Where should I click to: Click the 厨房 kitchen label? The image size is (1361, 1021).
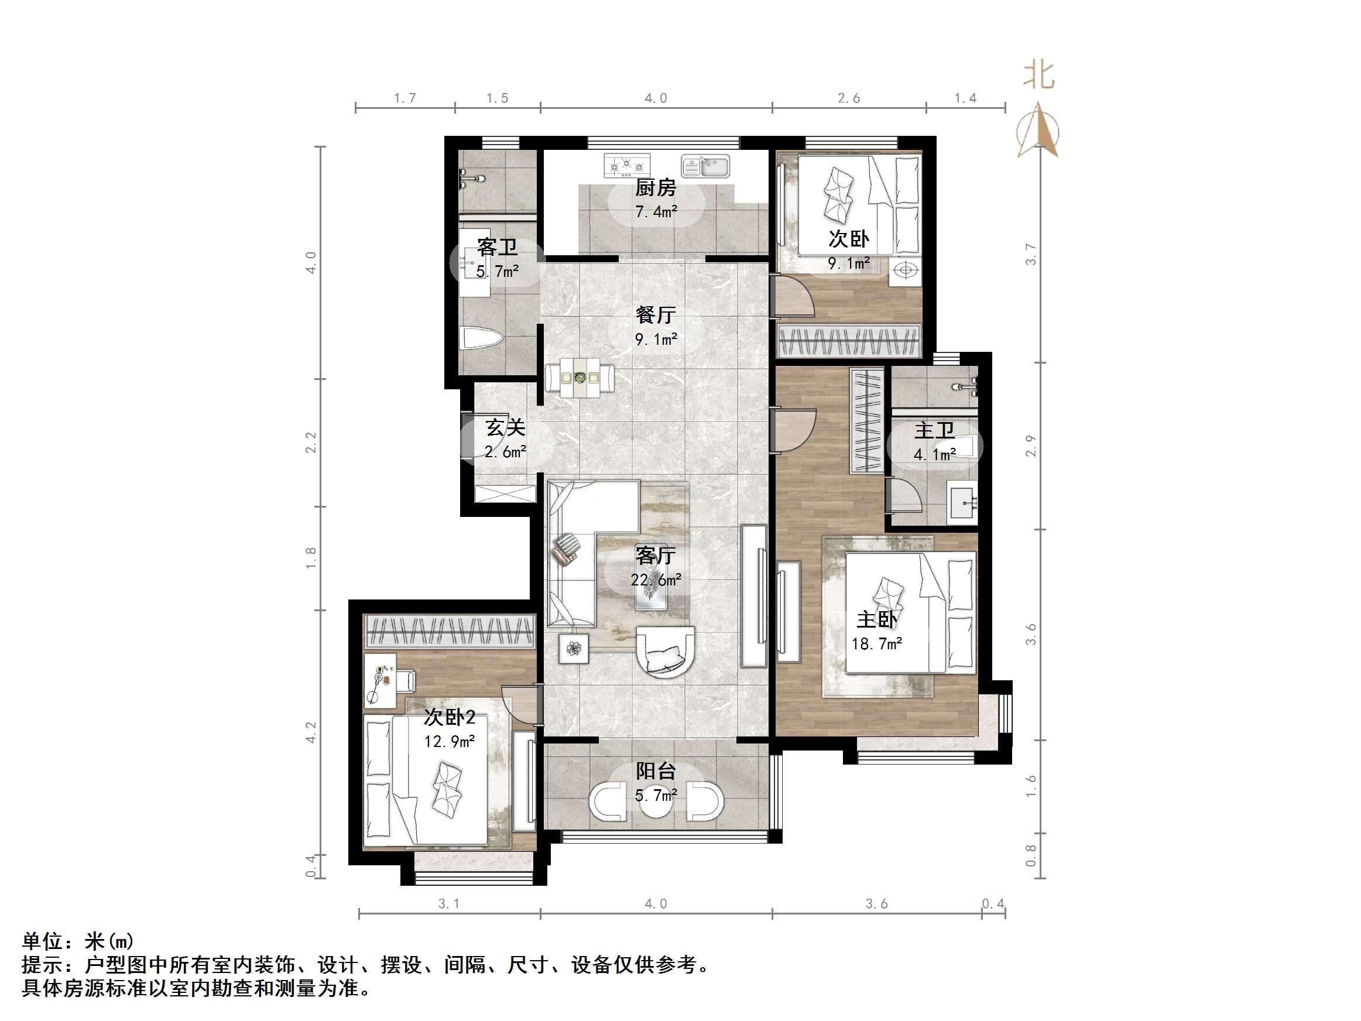tap(655, 187)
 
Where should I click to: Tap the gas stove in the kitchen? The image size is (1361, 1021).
tap(626, 166)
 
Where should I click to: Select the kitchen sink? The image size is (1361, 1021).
tap(705, 166)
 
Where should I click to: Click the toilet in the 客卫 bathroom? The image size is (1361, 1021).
tap(481, 338)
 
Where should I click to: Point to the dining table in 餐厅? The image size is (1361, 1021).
tap(580, 378)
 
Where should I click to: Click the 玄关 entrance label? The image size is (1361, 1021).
tap(505, 428)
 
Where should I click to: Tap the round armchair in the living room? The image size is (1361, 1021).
tap(665, 651)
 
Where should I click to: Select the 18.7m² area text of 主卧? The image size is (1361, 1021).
tap(876, 644)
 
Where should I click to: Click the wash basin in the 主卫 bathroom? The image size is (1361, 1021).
tap(962, 504)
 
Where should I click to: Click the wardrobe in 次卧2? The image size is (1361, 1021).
tap(449, 632)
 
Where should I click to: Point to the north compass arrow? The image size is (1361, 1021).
tap(1038, 131)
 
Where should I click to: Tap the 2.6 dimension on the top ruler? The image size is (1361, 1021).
tap(848, 98)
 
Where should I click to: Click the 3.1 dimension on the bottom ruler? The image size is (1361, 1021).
tap(448, 903)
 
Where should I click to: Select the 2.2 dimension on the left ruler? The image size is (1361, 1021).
tap(311, 443)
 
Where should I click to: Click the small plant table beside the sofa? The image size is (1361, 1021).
tap(574, 649)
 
